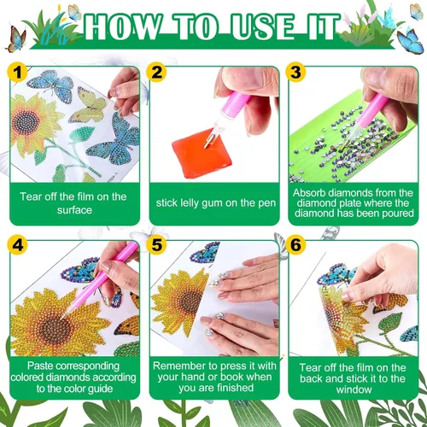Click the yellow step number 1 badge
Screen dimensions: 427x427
coord(17,73)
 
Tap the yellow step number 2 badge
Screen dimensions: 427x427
coord(156,73)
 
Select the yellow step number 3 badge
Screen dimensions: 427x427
coord(295,73)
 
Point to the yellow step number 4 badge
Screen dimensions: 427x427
coord(17,245)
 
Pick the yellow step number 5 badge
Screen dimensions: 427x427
coord(156,245)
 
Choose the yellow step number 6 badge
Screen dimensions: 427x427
coord(295,245)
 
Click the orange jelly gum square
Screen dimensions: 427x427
coord(202,153)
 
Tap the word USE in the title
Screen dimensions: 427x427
coord(262,26)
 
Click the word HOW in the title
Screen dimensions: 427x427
coord(122,26)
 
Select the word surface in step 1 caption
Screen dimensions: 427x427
coord(74,210)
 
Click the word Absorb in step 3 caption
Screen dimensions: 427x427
coord(309,193)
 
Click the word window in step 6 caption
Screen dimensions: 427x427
coord(354,389)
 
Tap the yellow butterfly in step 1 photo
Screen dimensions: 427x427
coord(88,104)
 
